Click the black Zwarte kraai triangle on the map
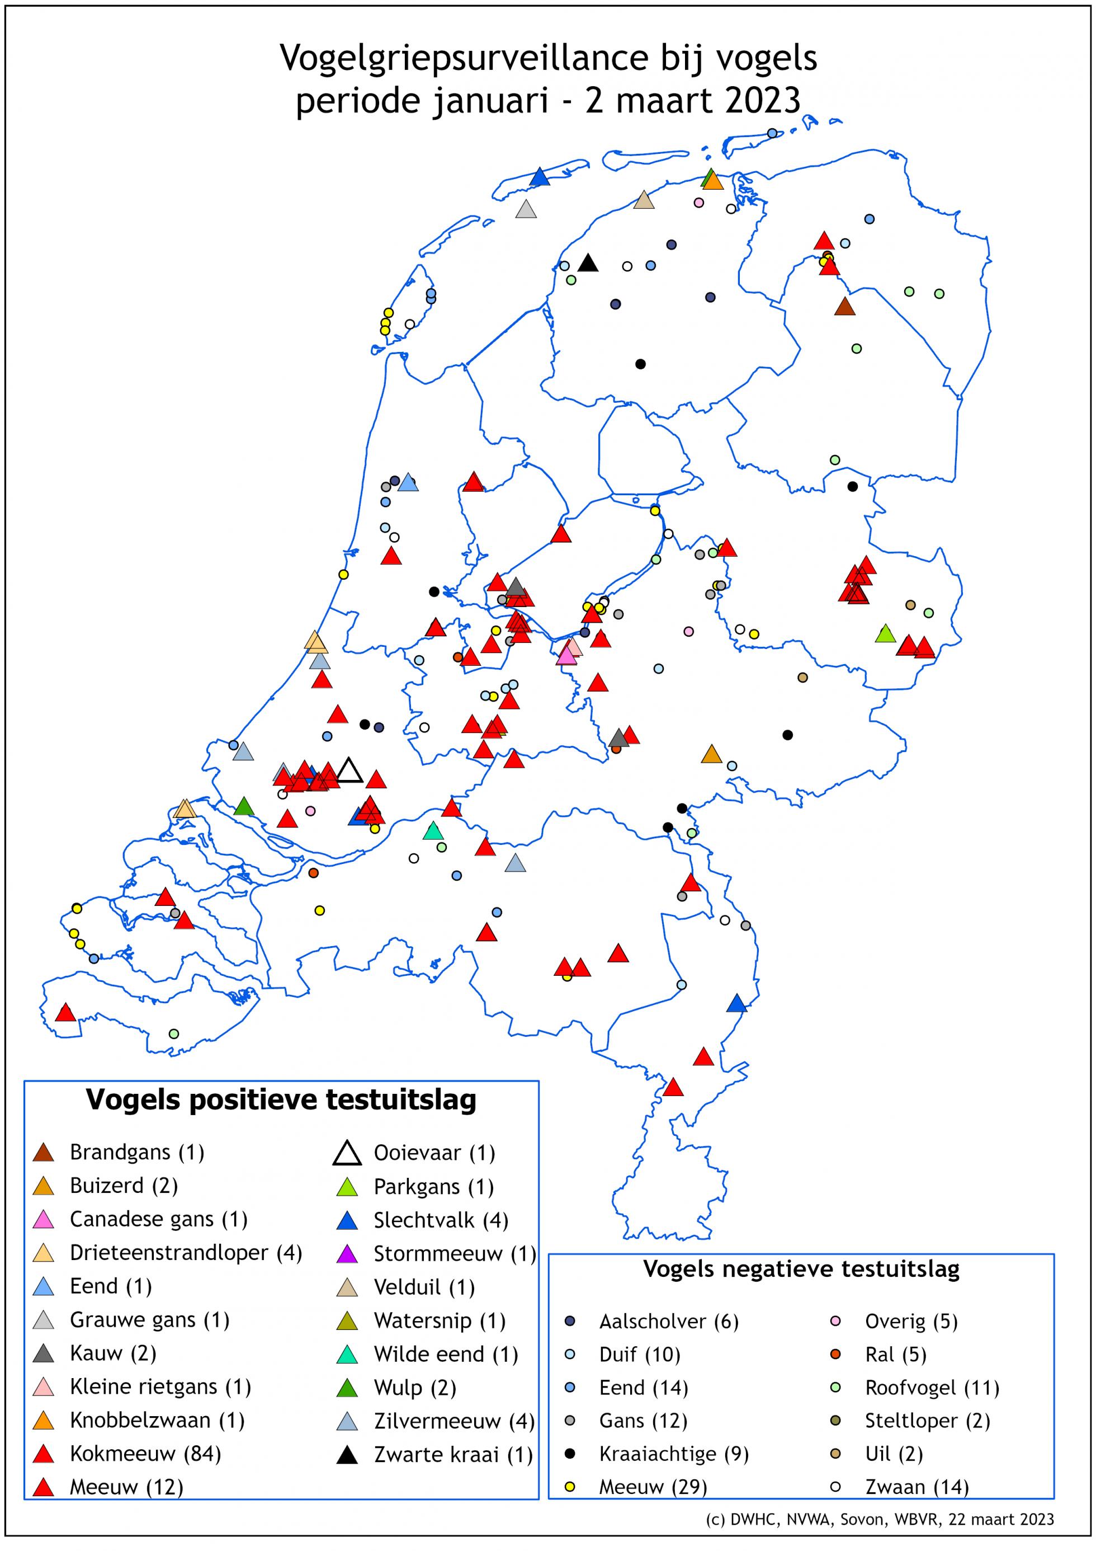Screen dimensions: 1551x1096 [588, 264]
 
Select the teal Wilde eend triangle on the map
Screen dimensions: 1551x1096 [433, 831]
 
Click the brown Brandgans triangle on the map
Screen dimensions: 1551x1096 [844, 307]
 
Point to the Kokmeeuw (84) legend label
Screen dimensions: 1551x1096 [145, 1454]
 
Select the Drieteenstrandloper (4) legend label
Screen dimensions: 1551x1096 [186, 1253]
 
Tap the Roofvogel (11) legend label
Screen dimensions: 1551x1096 [932, 1388]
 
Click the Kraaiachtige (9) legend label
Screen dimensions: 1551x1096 [674, 1454]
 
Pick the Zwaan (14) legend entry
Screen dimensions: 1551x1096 [917, 1487]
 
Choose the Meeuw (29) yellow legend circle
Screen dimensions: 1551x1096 [570, 1487]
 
